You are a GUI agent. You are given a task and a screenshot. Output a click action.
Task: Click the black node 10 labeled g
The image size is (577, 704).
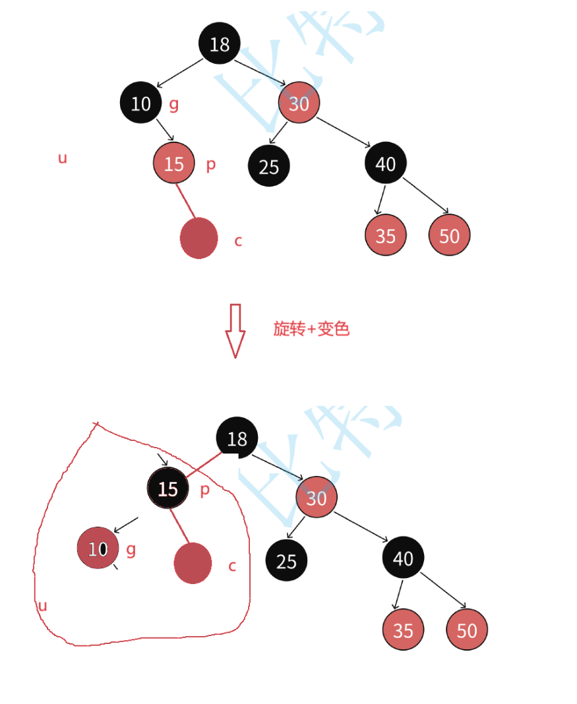140,103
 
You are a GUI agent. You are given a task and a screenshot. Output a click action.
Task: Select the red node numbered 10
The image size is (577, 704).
98,548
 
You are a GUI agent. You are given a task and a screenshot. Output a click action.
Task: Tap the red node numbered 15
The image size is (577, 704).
173,163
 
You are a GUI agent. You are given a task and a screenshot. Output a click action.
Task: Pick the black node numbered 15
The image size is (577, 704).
168,488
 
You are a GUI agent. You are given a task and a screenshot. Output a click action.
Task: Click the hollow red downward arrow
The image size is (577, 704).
235,330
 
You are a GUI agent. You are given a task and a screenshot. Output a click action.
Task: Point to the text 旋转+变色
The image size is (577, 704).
311,328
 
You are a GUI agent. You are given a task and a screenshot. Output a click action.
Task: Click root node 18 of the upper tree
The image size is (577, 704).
220,44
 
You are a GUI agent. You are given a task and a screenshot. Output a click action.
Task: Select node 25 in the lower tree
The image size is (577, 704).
286,561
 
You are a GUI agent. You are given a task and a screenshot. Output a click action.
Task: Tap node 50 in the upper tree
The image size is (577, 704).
449,235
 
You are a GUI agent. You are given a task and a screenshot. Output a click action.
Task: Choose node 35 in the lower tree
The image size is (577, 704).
403,630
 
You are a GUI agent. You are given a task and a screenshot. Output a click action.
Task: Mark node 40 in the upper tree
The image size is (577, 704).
385,163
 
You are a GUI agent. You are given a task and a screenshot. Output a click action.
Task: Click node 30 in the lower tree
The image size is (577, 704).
317,497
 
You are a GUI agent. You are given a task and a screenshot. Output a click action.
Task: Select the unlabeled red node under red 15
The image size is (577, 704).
198,238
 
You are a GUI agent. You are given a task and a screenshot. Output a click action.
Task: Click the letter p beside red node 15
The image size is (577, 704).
210,164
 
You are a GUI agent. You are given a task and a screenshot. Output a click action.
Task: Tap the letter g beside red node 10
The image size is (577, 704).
131,549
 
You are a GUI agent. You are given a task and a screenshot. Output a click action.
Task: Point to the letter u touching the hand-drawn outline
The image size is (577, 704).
43,605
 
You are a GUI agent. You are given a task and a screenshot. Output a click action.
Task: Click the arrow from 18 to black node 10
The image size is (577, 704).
179,73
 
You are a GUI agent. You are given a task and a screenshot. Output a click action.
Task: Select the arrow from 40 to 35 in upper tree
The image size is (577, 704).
380,199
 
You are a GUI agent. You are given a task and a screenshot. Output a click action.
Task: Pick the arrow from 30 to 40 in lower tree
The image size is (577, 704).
361,527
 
